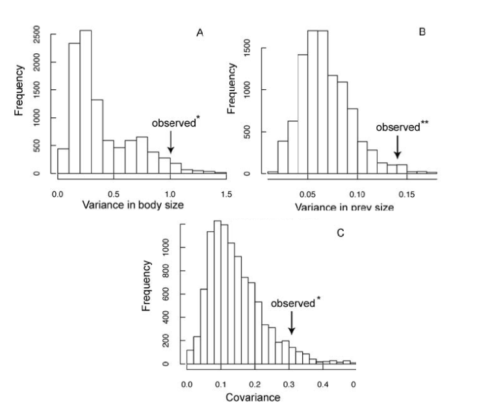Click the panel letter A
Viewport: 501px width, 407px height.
(x=200, y=33)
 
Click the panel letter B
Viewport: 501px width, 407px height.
(x=422, y=31)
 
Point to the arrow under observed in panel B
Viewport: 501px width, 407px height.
(x=397, y=147)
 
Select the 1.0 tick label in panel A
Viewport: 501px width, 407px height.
(x=170, y=193)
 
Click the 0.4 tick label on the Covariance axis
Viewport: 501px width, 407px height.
(x=322, y=384)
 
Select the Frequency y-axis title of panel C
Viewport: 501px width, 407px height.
(x=147, y=287)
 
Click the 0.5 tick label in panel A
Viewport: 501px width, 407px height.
(x=114, y=193)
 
